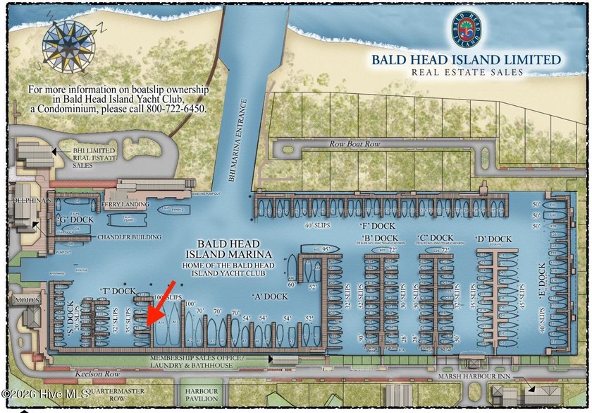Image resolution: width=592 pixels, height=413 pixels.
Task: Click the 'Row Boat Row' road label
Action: (x=354, y=144)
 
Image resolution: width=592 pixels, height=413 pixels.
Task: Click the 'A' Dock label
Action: (x=269, y=297)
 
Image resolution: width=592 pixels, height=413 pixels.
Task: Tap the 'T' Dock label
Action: (x=118, y=291)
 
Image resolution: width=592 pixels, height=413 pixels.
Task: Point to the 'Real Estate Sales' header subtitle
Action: (x=467, y=72)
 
